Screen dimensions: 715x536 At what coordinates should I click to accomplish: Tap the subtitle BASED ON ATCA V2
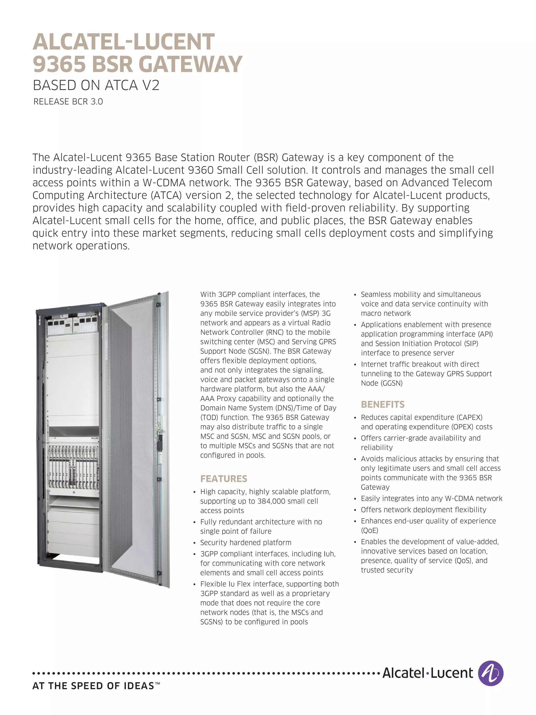point(96,86)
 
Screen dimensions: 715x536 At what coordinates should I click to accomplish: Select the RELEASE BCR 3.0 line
point(68,102)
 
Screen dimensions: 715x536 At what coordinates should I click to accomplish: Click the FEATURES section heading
point(224,479)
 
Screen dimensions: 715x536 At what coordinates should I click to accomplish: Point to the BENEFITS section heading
point(383,404)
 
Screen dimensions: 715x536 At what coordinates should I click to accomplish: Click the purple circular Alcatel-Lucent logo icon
point(490,673)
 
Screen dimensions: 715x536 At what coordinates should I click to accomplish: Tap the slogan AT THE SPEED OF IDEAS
point(93,686)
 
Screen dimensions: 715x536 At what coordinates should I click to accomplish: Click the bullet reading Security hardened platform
point(245,542)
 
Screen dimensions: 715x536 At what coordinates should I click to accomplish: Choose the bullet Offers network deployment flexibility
point(423,509)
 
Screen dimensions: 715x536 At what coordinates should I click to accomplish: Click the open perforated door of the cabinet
point(136,436)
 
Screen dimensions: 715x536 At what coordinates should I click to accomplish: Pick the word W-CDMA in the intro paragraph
point(164,183)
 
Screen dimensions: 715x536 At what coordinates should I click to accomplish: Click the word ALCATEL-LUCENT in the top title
point(124,42)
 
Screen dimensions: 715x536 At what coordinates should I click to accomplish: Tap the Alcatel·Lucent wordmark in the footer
point(427,673)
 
